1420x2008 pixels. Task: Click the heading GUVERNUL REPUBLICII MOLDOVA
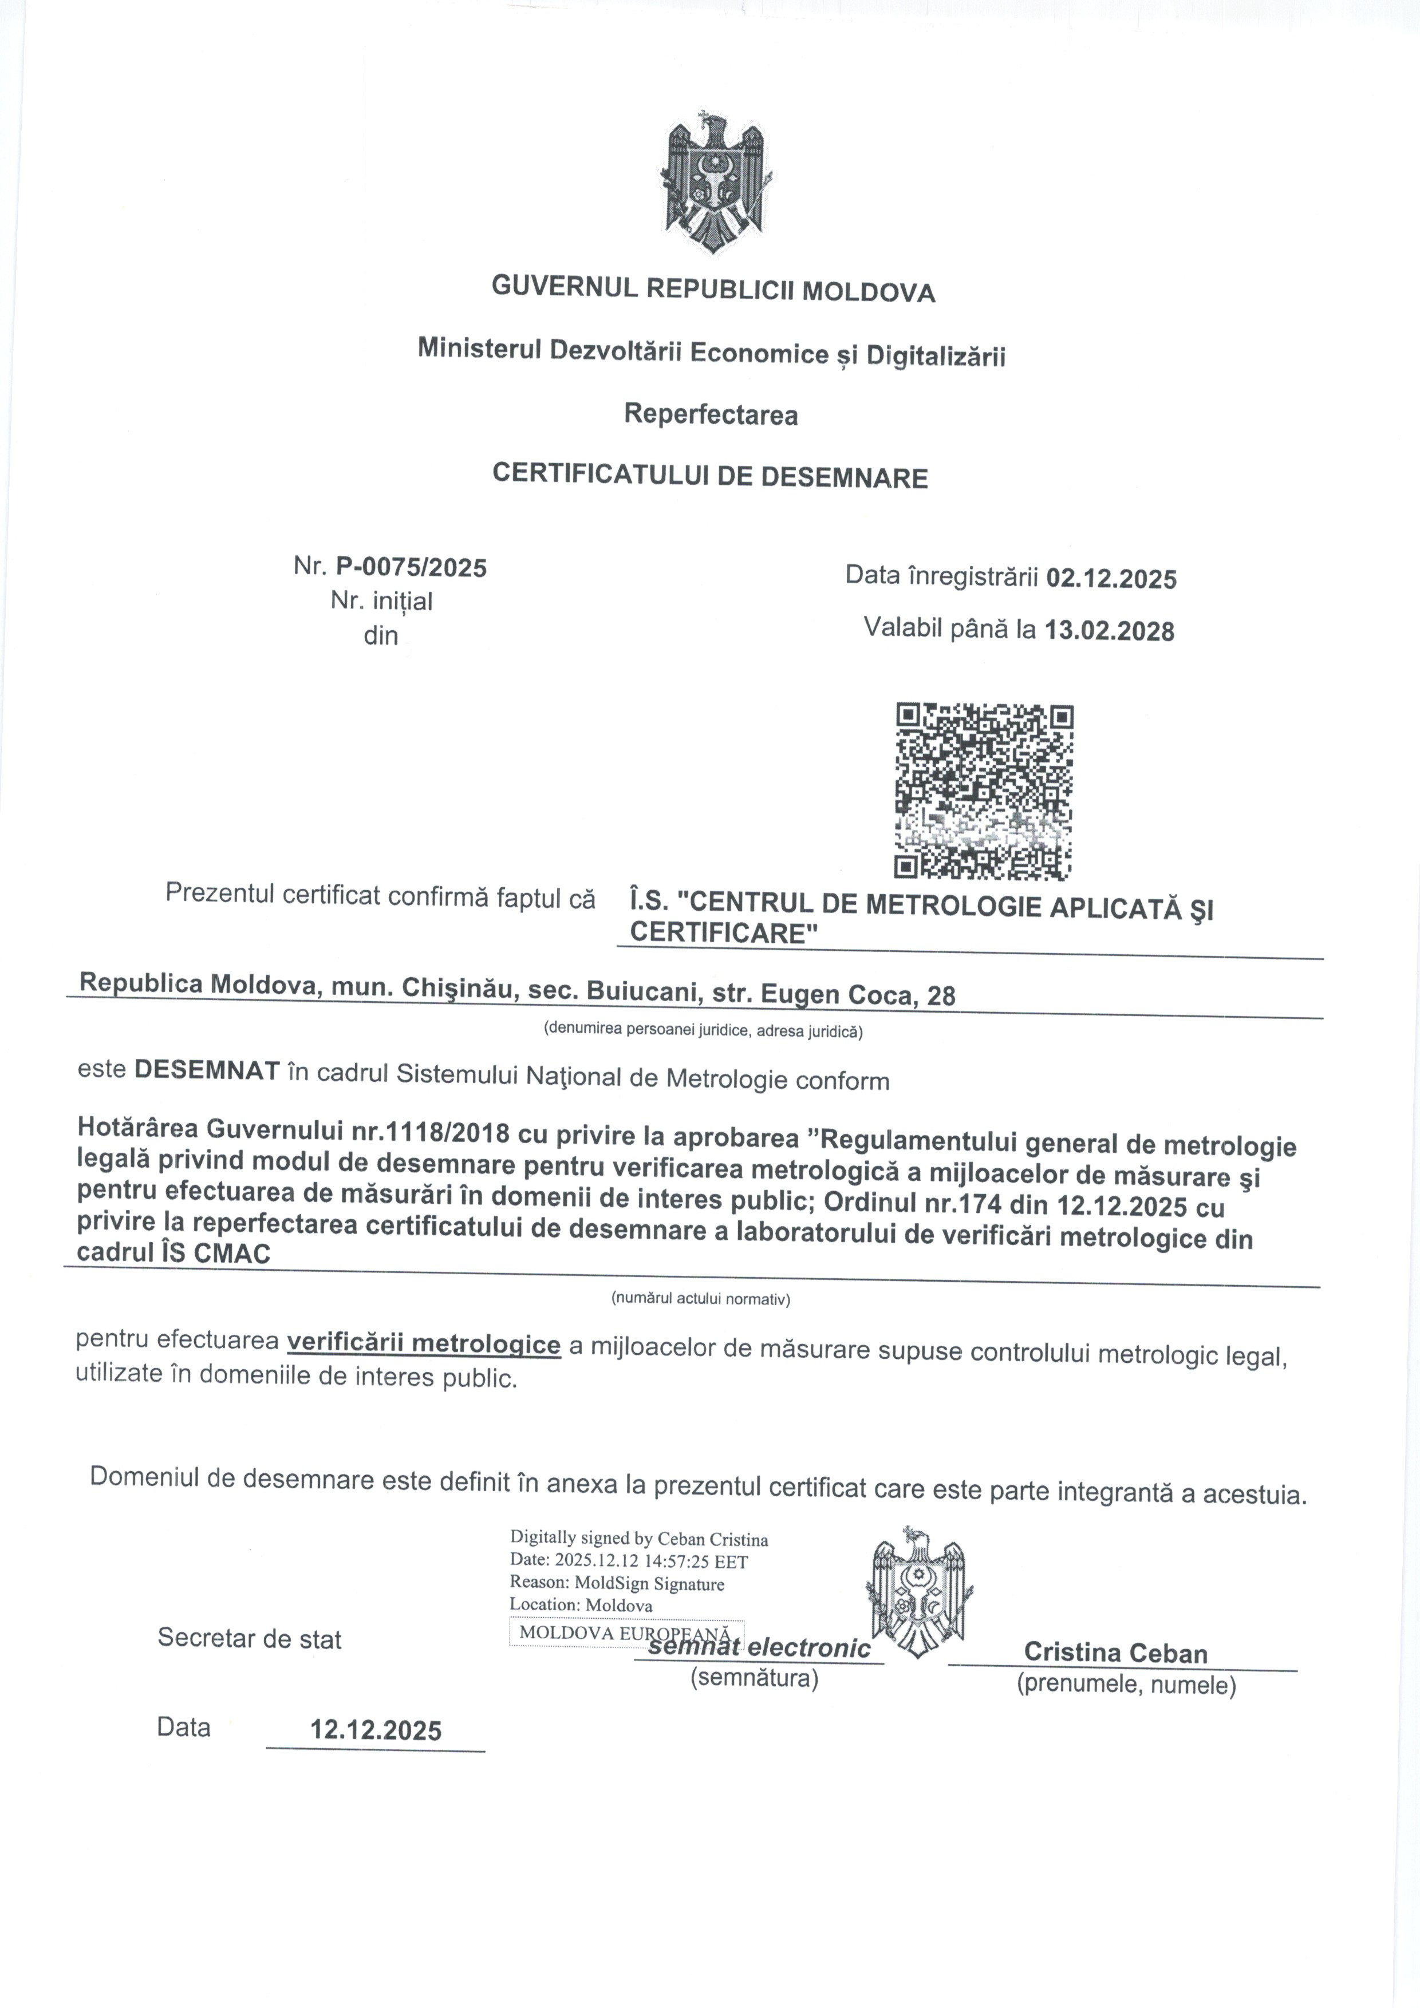click(x=713, y=290)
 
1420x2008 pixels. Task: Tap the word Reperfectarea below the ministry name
click(x=711, y=414)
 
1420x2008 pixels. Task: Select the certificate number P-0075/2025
click(x=411, y=568)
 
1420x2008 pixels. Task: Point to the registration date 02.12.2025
click(x=1111, y=578)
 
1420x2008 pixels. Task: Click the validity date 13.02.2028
click(x=1110, y=631)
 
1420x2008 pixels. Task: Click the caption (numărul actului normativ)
click(x=700, y=1299)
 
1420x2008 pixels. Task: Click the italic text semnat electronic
click(x=759, y=1649)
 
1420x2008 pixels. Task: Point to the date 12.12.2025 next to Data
click(x=376, y=1730)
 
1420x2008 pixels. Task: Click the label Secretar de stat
click(x=249, y=1638)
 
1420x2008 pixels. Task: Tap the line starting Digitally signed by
click(x=638, y=1539)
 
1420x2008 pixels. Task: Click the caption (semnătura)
click(x=754, y=1678)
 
